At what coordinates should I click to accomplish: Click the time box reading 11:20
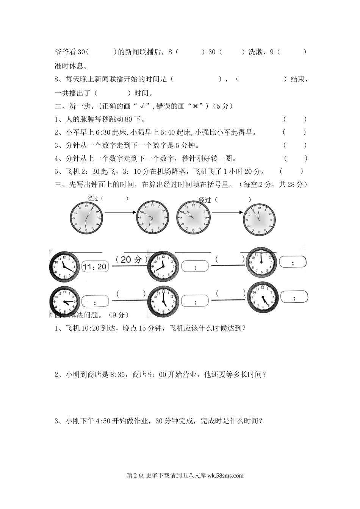click(95, 267)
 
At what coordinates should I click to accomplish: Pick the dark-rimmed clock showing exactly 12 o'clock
click(262, 262)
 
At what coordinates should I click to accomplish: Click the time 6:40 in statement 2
click(169, 132)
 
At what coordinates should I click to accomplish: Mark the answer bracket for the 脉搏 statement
click(295, 119)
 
